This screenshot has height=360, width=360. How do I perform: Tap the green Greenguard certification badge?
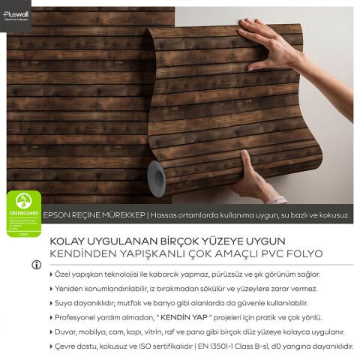pos(22,212)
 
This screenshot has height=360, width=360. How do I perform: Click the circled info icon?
pos(35,265)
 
